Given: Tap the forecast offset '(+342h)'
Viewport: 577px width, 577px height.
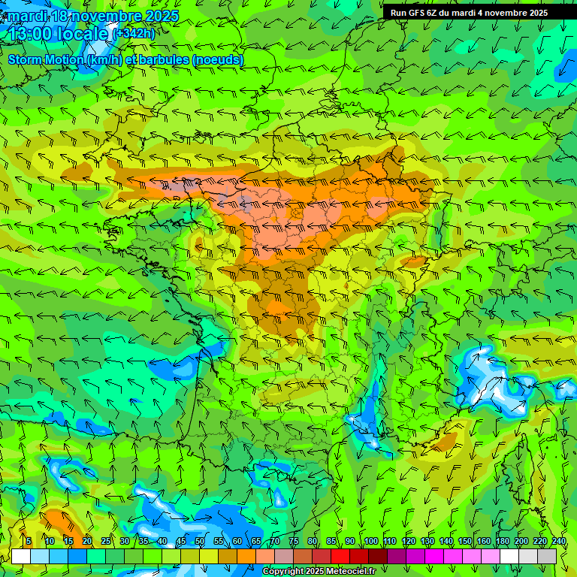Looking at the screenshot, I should [x=134, y=34].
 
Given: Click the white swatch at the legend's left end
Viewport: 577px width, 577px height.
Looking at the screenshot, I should [x=21, y=556].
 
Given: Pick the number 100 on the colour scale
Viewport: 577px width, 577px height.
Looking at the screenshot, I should [x=370, y=542].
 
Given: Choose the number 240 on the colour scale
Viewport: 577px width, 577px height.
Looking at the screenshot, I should [x=558, y=542].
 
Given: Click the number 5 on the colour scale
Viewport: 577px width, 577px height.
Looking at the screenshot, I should [x=29, y=542].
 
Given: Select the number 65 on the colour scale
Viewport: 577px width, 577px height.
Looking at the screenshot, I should [x=256, y=542].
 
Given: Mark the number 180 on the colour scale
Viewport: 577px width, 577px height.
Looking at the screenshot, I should [x=502, y=542].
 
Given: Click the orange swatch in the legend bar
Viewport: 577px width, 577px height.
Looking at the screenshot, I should [x=246, y=556].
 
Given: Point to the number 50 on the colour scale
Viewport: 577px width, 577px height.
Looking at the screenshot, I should [x=200, y=542].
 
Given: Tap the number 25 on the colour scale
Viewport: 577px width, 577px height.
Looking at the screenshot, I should [x=106, y=542].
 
